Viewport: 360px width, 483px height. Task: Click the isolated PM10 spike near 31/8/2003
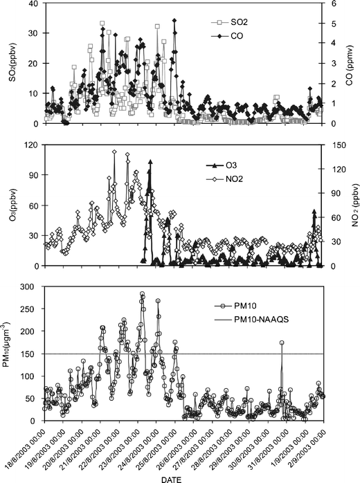[282, 343]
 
